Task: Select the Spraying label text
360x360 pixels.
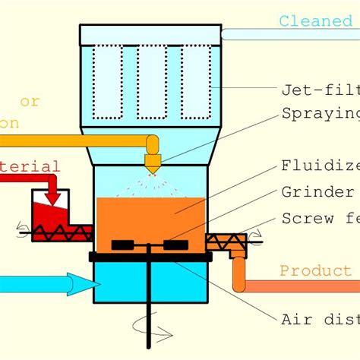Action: pyautogui.click(x=320, y=114)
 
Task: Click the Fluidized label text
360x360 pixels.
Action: pyautogui.click(x=320, y=166)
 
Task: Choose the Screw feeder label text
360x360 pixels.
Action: pyautogui.click(x=320, y=218)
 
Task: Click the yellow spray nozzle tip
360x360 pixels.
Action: pyautogui.click(x=153, y=166)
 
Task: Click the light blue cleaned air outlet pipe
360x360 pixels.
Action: pyautogui.click(x=289, y=34)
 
